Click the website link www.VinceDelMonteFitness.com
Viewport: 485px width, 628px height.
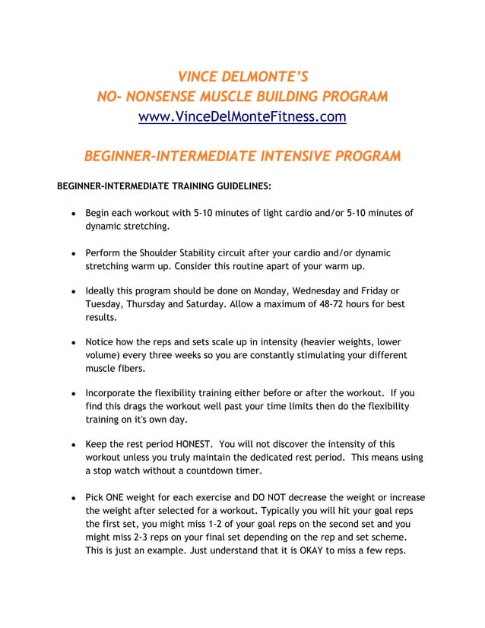[242, 117]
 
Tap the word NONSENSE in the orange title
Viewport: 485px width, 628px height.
[166, 97]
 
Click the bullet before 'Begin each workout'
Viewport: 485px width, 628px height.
[71, 214]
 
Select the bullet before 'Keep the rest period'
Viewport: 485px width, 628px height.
[71, 444]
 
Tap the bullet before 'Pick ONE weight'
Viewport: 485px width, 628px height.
[71, 499]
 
